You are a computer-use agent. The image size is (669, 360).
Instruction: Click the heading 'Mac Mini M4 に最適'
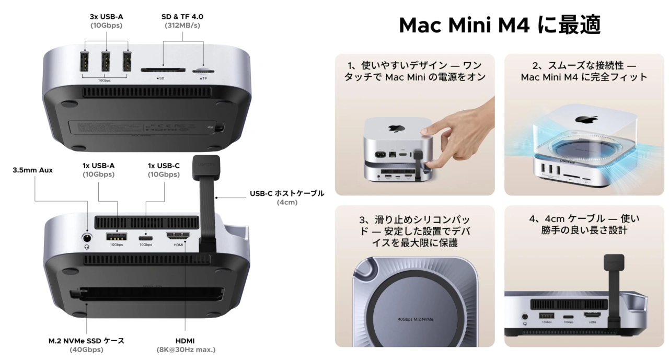tap(499, 25)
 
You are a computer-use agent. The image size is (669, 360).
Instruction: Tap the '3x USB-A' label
tap(106, 16)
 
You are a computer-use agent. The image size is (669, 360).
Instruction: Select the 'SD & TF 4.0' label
tap(182, 16)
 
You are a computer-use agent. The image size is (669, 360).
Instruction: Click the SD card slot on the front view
tap(163, 69)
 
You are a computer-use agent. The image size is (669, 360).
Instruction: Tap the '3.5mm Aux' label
tap(32, 170)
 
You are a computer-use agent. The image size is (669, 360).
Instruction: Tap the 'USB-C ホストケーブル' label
tap(286, 193)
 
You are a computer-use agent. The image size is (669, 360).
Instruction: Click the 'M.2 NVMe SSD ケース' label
tap(86, 341)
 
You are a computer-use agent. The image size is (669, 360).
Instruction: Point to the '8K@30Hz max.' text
tap(186, 350)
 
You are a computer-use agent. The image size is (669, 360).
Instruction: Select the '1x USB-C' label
tap(164, 166)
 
